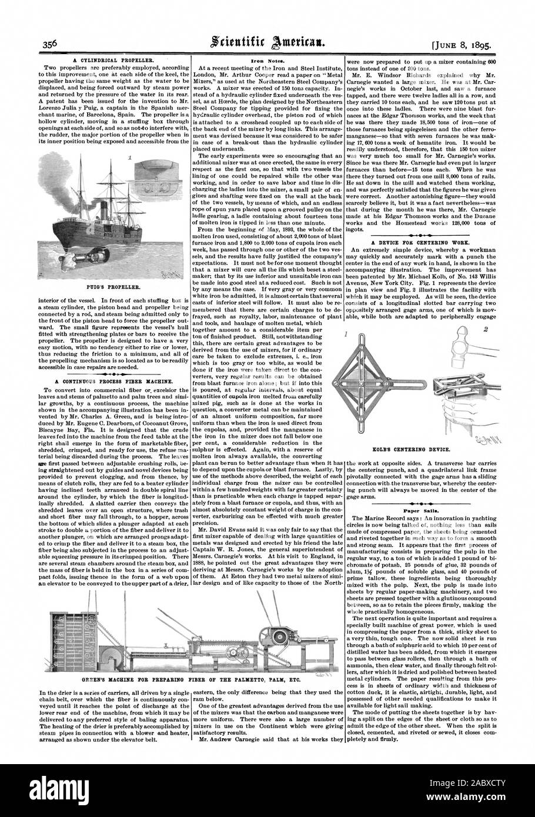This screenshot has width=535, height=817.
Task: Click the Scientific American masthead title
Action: coord(267,42)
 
